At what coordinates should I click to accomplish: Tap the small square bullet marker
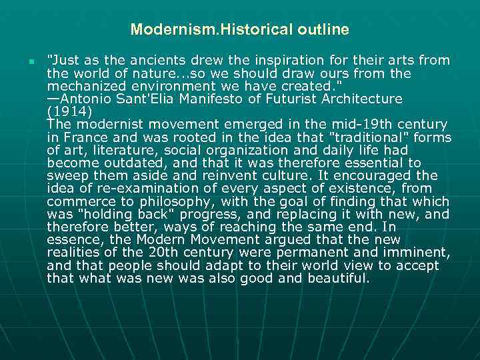pyautogui.click(x=31, y=61)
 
